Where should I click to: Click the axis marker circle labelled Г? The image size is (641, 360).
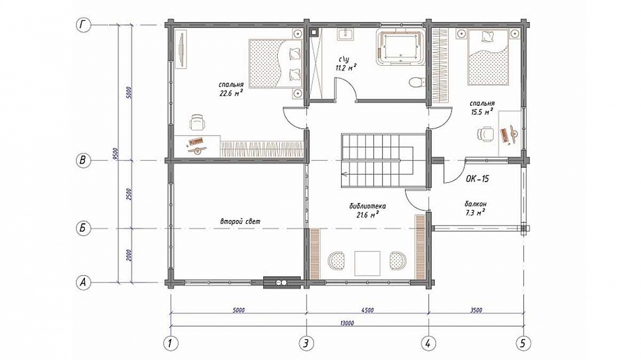tap(83, 25)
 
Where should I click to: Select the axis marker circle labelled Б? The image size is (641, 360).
tap(83, 228)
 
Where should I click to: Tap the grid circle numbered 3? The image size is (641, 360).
tap(306, 343)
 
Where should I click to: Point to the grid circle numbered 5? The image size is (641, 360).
tap(523, 343)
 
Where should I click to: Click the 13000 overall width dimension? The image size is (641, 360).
tap(347, 323)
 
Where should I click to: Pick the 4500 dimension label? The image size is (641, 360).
tap(368, 310)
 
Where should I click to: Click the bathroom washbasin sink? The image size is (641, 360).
tap(346, 34)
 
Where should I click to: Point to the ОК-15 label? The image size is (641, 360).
tap(477, 179)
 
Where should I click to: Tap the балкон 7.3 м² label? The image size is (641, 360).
tap(475, 208)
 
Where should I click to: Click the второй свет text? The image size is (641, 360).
tap(240, 221)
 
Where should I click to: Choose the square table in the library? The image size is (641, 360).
tap(368, 263)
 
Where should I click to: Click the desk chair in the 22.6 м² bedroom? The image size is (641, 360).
tap(197, 122)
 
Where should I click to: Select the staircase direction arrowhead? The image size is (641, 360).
tap(344, 174)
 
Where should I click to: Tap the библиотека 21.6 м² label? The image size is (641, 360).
tap(368, 210)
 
